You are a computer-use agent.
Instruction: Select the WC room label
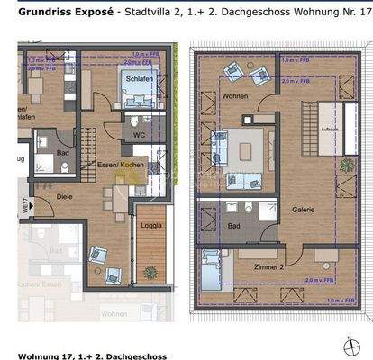[140, 137]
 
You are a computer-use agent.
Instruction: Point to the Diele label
[64, 194]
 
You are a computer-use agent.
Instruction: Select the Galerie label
[303, 209]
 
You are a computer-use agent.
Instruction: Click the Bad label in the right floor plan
[233, 226]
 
